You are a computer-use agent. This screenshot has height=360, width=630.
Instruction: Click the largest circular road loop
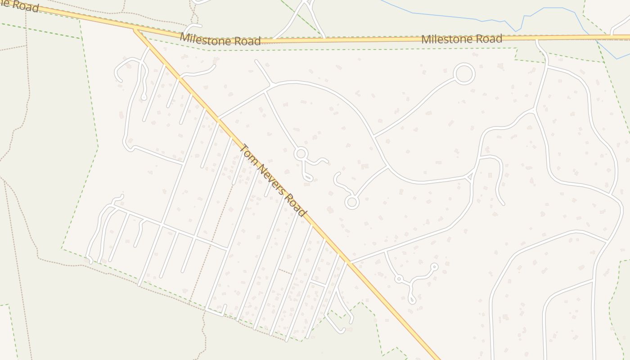[x=464, y=74]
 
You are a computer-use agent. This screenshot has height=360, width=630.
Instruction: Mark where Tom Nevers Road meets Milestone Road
[x=135, y=29]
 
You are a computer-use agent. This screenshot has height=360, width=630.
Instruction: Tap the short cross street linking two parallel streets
[x=317, y=283]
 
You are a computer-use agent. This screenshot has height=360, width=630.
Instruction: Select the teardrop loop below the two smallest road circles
[x=412, y=298]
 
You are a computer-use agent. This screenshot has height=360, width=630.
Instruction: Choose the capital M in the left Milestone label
[x=184, y=36]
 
